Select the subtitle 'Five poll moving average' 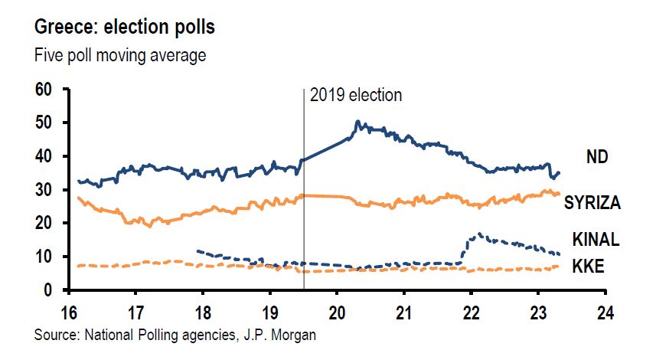point(120,55)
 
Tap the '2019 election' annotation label point(355,96)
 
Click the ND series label point(597,157)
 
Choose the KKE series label point(590,267)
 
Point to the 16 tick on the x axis point(68,314)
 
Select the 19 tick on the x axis point(269,314)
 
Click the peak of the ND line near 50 point(357,122)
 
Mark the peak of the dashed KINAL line point(479,234)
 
